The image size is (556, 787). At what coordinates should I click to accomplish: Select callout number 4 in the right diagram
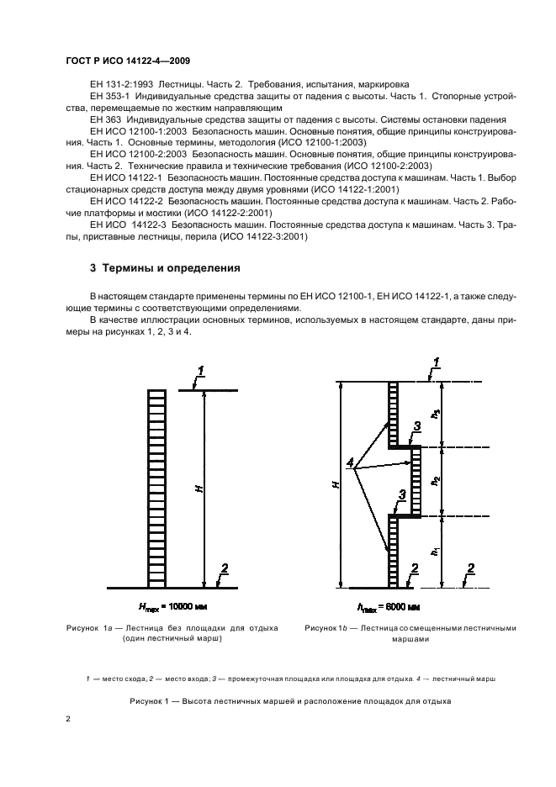[x=350, y=462]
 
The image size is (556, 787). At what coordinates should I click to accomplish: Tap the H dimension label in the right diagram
[x=335, y=486]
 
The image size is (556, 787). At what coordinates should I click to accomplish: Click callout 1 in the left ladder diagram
[x=199, y=370]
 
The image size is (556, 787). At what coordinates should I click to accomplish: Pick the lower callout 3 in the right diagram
[x=403, y=496]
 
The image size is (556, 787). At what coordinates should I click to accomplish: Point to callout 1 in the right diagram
[x=435, y=362]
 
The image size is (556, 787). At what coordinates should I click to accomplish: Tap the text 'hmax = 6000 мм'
[x=389, y=606]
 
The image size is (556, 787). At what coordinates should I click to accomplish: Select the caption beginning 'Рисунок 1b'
[x=410, y=632]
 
